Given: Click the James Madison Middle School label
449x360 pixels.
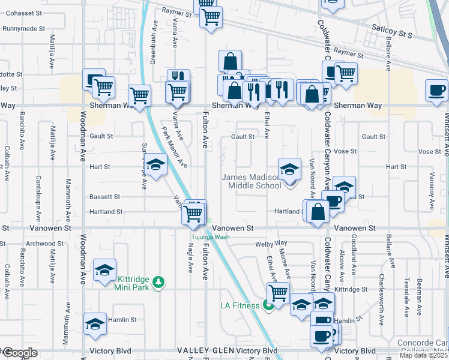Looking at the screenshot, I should [x=251, y=181].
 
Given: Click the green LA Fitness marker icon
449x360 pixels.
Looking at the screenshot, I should [x=268, y=305].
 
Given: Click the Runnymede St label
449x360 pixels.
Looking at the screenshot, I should [x=23, y=28].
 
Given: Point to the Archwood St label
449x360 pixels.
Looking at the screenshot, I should [x=44, y=244].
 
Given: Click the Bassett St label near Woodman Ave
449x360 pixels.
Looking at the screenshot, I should [x=105, y=197].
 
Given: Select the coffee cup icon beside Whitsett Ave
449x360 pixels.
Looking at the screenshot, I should [x=436, y=91].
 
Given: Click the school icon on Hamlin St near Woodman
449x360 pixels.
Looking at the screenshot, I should [x=95, y=324].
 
